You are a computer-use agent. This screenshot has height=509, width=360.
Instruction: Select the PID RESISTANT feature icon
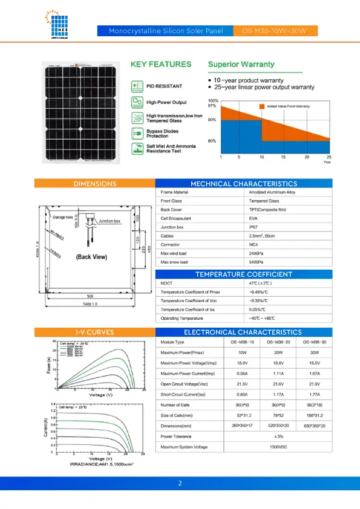tap(137, 86)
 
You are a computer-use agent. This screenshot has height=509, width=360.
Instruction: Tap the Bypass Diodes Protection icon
tap(137, 133)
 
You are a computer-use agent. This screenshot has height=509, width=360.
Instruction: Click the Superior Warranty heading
tap(241, 64)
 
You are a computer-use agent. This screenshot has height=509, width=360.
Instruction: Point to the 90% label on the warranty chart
tap(212, 120)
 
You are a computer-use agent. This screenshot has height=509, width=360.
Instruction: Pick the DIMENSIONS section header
tap(94, 184)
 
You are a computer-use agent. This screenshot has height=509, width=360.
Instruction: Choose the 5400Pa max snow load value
tap(256, 262)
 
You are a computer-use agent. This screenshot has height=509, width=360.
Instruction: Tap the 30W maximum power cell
tap(313, 352)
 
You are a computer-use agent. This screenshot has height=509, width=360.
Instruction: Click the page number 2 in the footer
tap(180, 484)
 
